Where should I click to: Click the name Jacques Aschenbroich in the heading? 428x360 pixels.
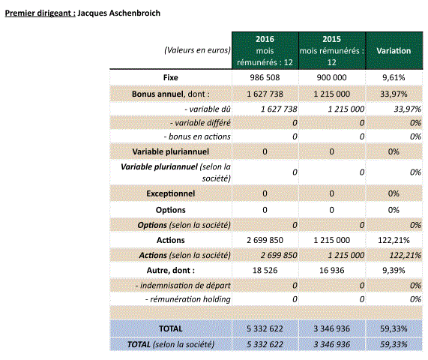pyautogui.click(x=118, y=13)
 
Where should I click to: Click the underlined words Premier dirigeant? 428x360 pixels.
pyautogui.click(x=40, y=13)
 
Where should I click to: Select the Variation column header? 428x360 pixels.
pyautogui.click(x=394, y=51)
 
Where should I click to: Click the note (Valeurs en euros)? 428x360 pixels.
pyautogui.click(x=197, y=50)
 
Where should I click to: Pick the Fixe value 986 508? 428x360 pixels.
pyautogui.click(x=265, y=77)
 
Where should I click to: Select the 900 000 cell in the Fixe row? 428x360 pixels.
pyautogui.click(x=331, y=77)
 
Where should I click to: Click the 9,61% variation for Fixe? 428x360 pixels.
pyautogui.click(x=394, y=77)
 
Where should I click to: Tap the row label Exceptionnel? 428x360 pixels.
pyautogui.click(x=171, y=193)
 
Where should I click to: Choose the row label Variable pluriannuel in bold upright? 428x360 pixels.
pyautogui.click(x=171, y=151)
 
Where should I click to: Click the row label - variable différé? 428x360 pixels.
pyautogui.click(x=200, y=123)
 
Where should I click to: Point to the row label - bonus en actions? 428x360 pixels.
pyautogui.click(x=197, y=136)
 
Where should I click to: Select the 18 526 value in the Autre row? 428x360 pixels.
pyautogui.click(x=265, y=271)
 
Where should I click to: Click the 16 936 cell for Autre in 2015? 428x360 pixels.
pyautogui.click(x=331, y=271)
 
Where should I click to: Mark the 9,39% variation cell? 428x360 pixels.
pyautogui.click(x=394, y=271)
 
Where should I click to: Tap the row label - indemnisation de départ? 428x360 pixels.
pyautogui.click(x=183, y=286)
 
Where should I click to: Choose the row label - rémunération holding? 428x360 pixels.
pyautogui.click(x=188, y=299)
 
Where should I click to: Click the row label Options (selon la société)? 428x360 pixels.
pyautogui.click(x=184, y=225)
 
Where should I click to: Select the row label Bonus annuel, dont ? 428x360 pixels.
pyautogui.click(x=171, y=94)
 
